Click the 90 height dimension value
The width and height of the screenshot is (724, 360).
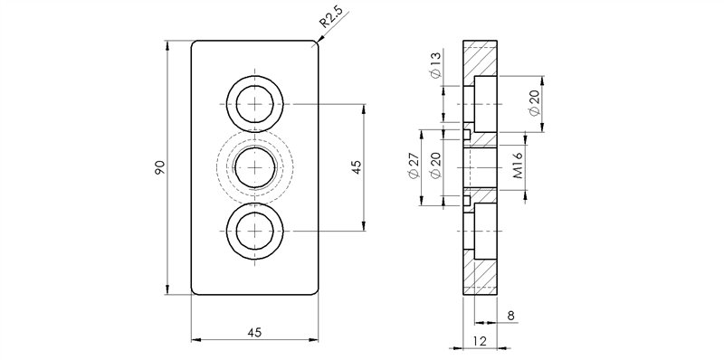[x=159, y=167]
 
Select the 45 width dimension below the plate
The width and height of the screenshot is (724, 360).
[x=254, y=331]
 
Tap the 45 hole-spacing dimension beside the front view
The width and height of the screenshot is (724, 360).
[x=356, y=167]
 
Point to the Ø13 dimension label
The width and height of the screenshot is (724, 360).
[x=436, y=64]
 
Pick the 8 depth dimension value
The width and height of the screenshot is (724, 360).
[x=510, y=316]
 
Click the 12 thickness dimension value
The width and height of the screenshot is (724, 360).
[x=480, y=341]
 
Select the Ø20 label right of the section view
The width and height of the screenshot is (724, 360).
[x=534, y=103]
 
